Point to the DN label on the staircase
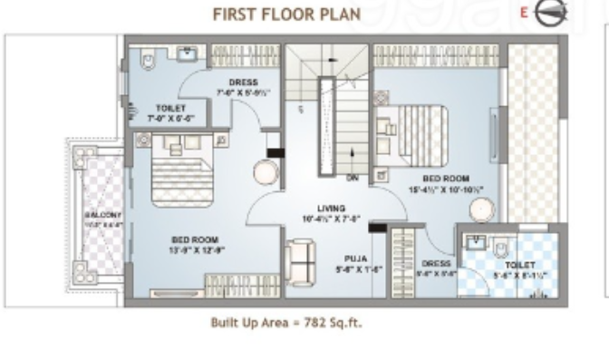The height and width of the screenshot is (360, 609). point(353,178)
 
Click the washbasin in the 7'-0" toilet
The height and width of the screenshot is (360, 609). point(188,55)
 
